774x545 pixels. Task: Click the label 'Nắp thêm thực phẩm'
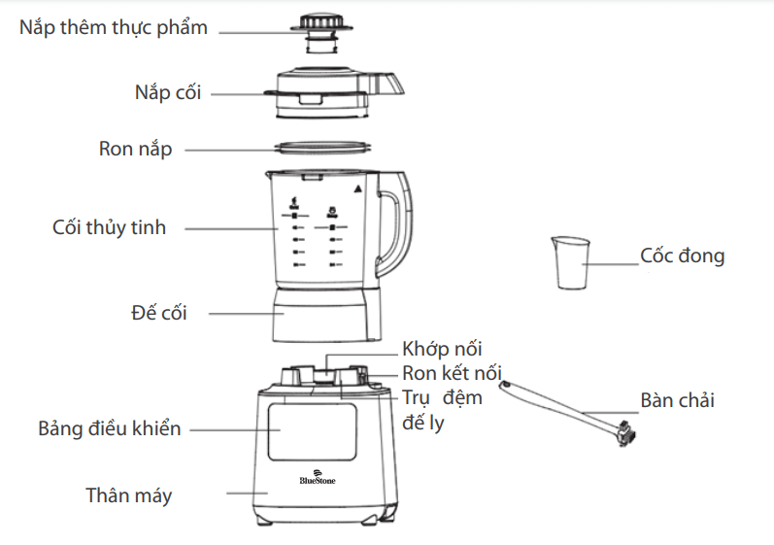pyautogui.click(x=114, y=27)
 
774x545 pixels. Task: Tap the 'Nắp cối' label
pyautogui.click(x=168, y=93)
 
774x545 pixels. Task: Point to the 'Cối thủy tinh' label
pyautogui.click(x=109, y=228)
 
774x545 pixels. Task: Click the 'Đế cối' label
pyautogui.click(x=158, y=313)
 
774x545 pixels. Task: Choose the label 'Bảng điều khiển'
pyautogui.click(x=110, y=428)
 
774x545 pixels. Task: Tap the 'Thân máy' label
pyautogui.click(x=128, y=495)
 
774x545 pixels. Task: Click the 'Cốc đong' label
pyautogui.click(x=682, y=256)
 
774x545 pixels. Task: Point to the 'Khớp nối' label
pyautogui.click(x=442, y=350)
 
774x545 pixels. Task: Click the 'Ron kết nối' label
pyautogui.click(x=452, y=373)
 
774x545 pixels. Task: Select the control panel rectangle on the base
pyautogui.click(x=311, y=431)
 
